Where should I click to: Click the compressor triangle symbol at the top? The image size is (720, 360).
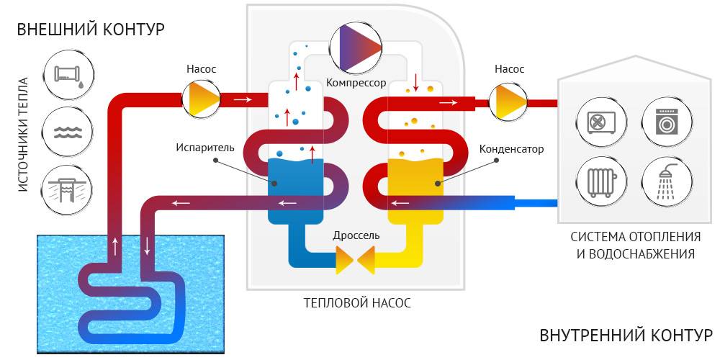[356, 48]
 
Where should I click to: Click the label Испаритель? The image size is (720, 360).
[205, 148]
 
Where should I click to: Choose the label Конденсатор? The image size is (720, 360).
[511, 149]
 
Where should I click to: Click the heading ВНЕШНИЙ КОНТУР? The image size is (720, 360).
[91, 30]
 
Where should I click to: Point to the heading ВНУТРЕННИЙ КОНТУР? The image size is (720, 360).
[625, 336]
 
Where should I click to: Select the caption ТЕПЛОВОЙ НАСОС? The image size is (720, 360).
[357, 303]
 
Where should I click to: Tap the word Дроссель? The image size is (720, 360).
[356, 235]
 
